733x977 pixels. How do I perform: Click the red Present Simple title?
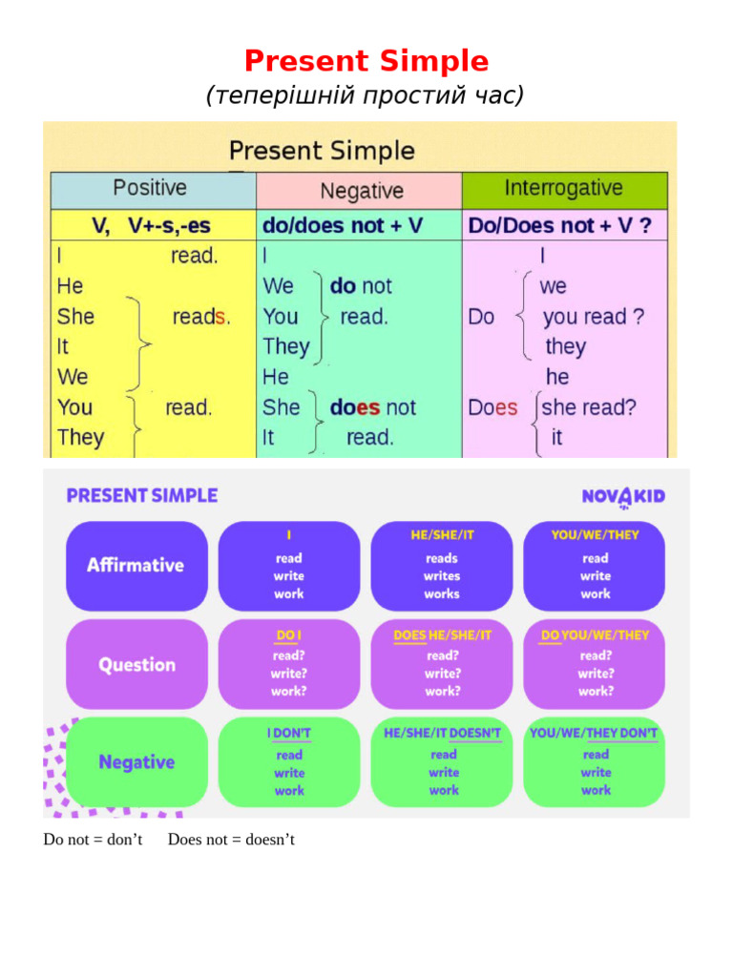click(x=366, y=61)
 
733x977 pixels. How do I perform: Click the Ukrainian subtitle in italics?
click(x=366, y=95)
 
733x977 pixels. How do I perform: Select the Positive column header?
click(x=152, y=189)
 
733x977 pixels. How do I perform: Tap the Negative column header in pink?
click(x=360, y=191)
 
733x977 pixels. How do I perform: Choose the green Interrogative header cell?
click(x=564, y=189)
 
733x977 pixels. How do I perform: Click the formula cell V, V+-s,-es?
click(x=152, y=225)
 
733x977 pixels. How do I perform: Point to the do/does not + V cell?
click(x=342, y=225)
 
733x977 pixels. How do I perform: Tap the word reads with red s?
click(x=200, y=317)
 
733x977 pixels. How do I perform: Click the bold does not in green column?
click(x=372, y=407)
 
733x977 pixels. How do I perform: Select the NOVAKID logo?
click(x=623, y=496)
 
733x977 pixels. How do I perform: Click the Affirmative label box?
click(x=136, y=565)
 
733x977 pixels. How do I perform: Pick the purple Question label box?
click(x=136, y=664)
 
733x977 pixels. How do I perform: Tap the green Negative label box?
click(x=136, y=761)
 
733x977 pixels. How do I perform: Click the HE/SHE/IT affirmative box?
click(x=441, y=565)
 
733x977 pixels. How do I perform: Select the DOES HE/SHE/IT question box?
click(x=441, y=664)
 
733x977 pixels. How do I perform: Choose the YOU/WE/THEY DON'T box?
click(x=594, y=761)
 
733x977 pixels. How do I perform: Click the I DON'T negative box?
click(x=289, y=761)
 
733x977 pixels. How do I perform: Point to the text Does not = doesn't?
click(x=231, y=840)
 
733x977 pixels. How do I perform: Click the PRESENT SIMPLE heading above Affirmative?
click(x=141, y=495)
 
